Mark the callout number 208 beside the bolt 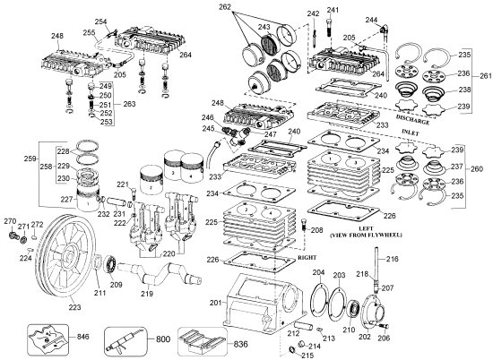316,230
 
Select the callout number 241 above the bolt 333,10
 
